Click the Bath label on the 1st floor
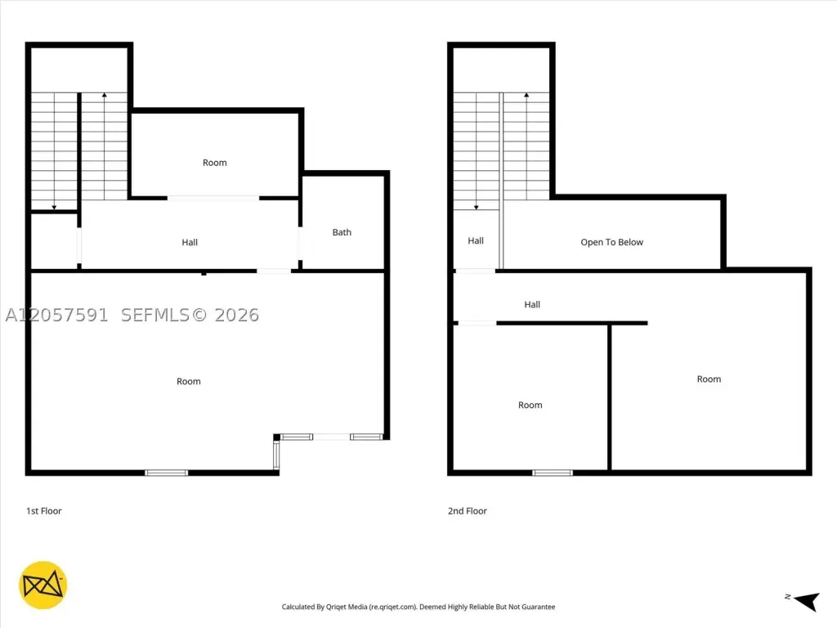(342, 232)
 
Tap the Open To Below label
(611, 242)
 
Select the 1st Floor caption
(44, 511)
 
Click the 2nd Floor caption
(467, 511)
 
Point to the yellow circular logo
(43, 585)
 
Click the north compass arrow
(807, 601)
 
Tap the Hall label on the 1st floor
(190, 242)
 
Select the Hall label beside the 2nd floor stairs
(476, 241)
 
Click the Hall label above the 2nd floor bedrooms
(532, 304)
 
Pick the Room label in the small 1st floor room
(215, 163)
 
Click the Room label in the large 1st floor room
(189, 381)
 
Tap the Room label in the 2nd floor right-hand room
(709, 379)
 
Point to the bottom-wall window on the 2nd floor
(553, 473)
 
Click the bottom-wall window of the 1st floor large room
(167, 473)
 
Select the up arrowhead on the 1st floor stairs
(105, 95)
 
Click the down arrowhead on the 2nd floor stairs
(477, 207)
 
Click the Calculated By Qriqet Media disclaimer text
(418, 607)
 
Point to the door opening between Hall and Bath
(300, 244)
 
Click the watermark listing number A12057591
(56, 315)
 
